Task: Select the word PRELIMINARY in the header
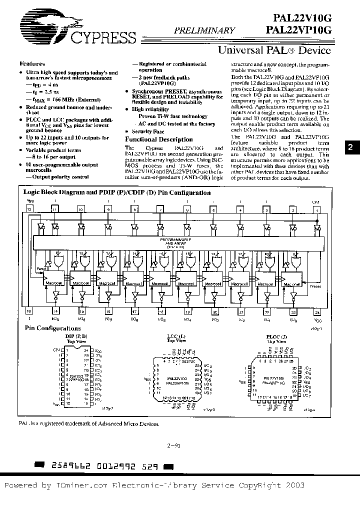point(204,30)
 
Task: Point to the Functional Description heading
point(158,139)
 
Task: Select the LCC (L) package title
point(175,336)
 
